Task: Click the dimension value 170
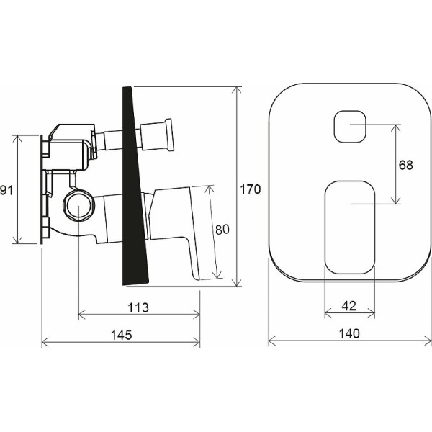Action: coord(250,189)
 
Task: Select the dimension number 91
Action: coord(6,190)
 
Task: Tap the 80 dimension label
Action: coord(222,230)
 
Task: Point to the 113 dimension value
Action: coord(138,307)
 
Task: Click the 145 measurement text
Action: coord(122,335)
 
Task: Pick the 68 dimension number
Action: coord(406,165)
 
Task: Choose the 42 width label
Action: coord(348,306)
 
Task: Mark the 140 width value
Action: coord(349,333)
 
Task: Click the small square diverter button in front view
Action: coord(350,127)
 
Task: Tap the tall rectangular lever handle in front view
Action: coord(350,228)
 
